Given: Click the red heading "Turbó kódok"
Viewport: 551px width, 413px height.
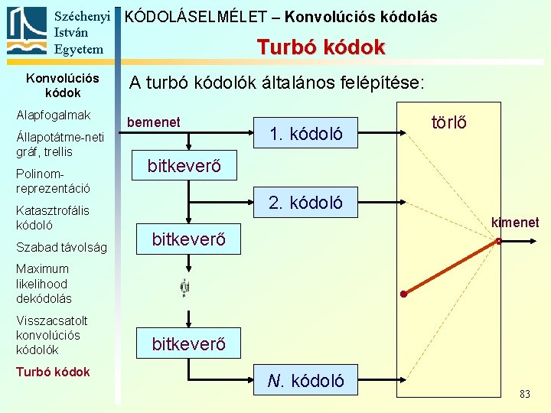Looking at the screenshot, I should click(321, 47).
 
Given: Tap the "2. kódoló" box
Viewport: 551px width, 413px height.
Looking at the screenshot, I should click(305, 203).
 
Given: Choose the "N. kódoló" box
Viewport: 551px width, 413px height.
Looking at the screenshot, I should click(306, 380).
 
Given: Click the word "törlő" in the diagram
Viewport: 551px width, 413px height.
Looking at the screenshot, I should click(449, 122).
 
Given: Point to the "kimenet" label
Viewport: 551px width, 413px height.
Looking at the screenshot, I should click(515, 223).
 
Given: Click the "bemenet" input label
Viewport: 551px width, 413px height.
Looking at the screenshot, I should click(153, 122).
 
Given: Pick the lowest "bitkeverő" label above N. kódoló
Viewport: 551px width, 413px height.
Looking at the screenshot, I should click(188, 344).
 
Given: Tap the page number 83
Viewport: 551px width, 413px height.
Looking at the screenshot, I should click(524, 394).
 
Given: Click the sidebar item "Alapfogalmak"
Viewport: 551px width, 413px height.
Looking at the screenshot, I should click(54, 115).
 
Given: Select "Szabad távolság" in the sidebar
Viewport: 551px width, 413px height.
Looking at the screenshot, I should click(61, 247).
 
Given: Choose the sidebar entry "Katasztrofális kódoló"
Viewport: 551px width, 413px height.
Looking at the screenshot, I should click(52, 218).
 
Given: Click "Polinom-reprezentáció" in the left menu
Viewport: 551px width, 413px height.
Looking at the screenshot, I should click(53, 181).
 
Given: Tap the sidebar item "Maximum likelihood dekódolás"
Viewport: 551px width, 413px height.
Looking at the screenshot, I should click(44, 284).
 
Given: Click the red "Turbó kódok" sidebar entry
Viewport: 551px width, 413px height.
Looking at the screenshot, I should click(53, 372).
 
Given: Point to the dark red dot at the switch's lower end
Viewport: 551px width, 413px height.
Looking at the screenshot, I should click(403, 294).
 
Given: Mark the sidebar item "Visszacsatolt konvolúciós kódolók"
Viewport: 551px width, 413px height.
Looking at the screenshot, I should click(51, 335).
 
